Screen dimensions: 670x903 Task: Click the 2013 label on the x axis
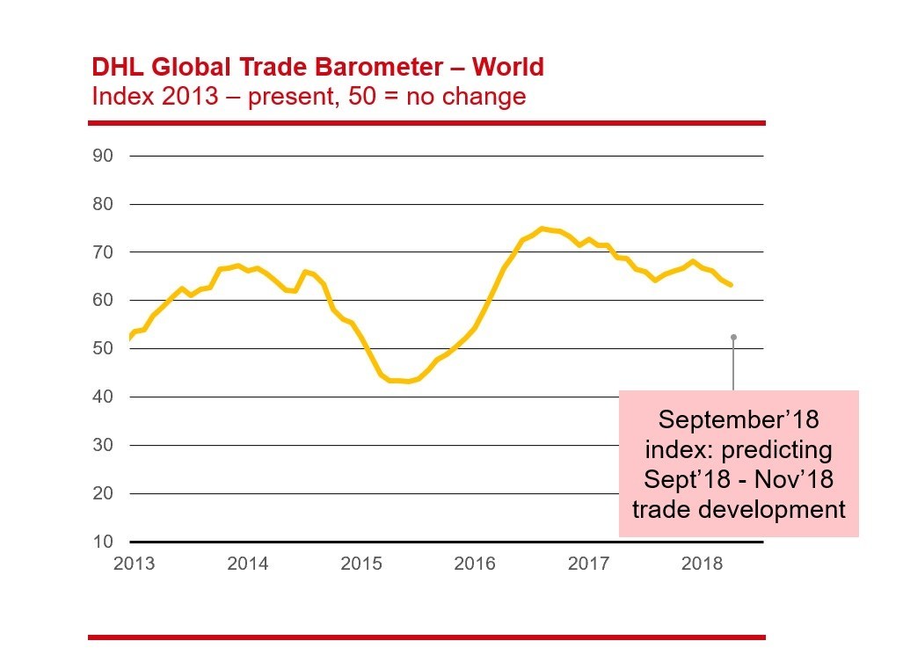(135, 564)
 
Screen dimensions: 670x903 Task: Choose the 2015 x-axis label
(361, 564)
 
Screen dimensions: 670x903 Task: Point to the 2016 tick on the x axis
(475, 564)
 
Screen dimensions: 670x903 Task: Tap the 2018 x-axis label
(702, 564)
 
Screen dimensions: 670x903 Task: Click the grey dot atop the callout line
(732, 337)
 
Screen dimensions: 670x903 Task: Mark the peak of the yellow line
(543, 229)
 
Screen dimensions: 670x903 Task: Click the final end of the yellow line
(732, 285)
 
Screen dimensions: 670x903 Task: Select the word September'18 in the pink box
(739, 419)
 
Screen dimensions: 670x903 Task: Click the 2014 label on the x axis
(248, 564)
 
